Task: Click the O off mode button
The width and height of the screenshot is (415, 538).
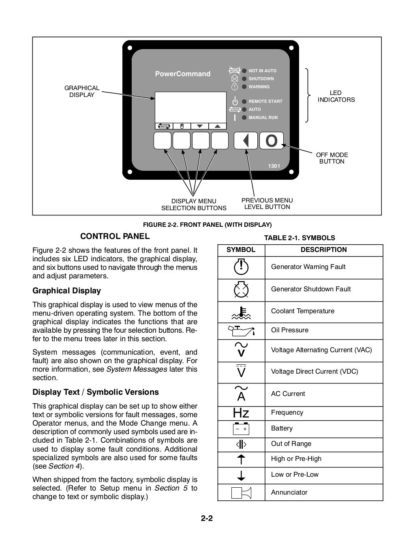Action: [x=272, y=141]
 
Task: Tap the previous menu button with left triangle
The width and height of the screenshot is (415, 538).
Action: [x=246, y=141]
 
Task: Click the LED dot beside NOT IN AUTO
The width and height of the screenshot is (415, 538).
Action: [x=244, y=71]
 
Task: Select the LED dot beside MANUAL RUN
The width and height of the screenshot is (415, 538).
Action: [x=244, y=118]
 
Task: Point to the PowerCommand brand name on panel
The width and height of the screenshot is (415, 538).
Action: [x=183, y=74]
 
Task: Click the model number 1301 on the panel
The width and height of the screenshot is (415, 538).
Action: [x=274, y=166]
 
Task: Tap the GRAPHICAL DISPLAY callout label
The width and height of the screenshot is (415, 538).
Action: [x=82, y=91]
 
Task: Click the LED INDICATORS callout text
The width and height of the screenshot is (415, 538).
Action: [x=336, y=96]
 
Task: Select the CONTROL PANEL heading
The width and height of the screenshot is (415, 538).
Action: [x=115, y=236]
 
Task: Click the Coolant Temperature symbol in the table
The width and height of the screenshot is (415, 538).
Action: [x=241, y=312]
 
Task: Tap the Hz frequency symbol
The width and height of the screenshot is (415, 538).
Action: [x=241, y=413]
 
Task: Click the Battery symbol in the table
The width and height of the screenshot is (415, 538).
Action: [x=241, y=429]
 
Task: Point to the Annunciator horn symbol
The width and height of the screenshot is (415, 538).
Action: [x=241, y=492]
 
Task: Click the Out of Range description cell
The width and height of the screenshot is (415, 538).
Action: [x=291, y=444]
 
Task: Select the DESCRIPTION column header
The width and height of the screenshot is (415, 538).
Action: [x=323, y=250]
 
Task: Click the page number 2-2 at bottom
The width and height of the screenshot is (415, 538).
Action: [x=207, y=518]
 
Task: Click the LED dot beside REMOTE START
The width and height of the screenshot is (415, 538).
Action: [x=244, y=101]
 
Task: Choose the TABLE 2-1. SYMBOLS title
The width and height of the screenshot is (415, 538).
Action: [x=299, y=238]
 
